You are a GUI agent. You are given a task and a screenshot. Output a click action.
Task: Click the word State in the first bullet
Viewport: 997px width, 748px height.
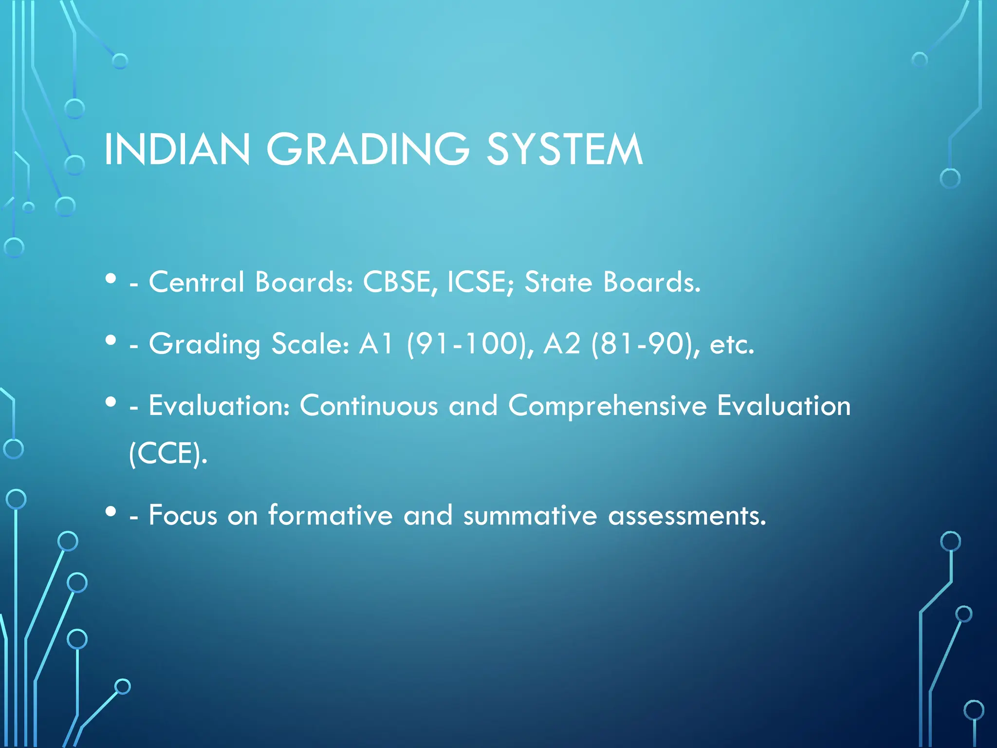tap(558, 282)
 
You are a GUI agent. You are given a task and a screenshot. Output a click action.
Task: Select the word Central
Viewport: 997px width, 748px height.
tap(197, 282)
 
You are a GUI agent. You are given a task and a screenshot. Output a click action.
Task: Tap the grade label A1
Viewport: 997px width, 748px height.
tap(376, 344)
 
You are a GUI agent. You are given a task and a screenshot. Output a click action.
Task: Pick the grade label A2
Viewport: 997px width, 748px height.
tap(562, 344)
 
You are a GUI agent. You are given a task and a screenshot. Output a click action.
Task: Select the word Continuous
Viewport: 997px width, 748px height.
tap(369, 406)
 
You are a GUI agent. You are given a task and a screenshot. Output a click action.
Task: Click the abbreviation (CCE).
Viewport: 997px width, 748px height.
tap(168, 454)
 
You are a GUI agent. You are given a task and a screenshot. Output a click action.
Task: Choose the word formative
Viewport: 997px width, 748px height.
tap(330, 515)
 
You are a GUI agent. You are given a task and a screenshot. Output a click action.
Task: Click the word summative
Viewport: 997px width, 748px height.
tap(530, 515)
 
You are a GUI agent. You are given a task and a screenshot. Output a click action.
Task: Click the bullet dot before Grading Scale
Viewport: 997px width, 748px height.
tap(111, 340)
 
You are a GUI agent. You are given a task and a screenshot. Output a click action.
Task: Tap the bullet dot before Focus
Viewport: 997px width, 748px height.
tap(111, 511)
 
